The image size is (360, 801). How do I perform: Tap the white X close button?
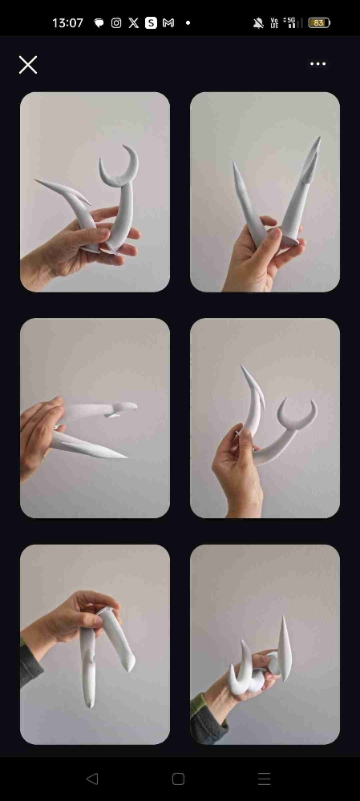tap(27, 65)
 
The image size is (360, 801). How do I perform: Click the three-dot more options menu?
tap(318, 64)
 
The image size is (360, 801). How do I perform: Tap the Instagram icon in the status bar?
tap(116, 23)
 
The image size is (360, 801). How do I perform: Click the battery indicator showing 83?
tap(319, 23)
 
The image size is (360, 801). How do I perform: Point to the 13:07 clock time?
tap(67, 23)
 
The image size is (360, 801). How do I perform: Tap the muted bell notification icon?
tap(258, 23)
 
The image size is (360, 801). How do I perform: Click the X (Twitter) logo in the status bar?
tap(133, 23)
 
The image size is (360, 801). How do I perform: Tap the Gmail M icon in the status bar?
tap(168, 23)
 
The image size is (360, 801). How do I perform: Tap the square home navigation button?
tap(179, 779)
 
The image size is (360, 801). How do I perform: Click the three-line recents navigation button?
tap(264, 779)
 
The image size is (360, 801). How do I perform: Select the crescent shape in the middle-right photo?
tap(297, 415)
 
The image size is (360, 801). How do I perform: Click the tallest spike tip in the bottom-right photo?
tap(284, 617)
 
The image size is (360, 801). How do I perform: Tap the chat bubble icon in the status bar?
tap(99, 23)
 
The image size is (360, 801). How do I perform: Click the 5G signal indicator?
tap(292, 23)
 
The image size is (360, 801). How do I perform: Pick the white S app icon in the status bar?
tap(151, 23)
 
